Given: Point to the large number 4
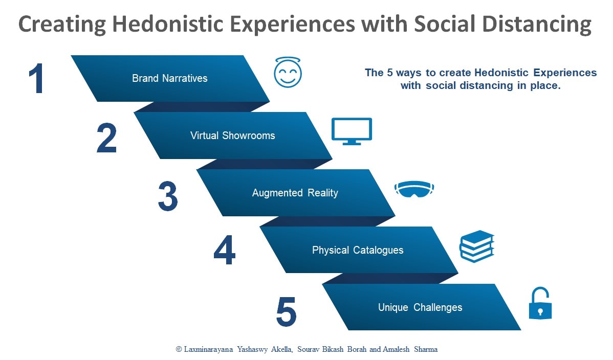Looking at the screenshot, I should pos(224,251).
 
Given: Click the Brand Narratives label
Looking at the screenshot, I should pos(169,78).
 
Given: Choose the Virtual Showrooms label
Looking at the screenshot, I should pos(232,136).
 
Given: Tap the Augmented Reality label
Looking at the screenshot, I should pos(295,193).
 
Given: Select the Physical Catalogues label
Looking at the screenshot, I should pos(358,250).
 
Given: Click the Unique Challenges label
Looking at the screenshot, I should pos(420,307).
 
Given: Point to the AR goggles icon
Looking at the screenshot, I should pos(414,189).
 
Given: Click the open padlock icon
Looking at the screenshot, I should pos(540,304).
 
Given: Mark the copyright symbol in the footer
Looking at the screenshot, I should pos(179,349).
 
